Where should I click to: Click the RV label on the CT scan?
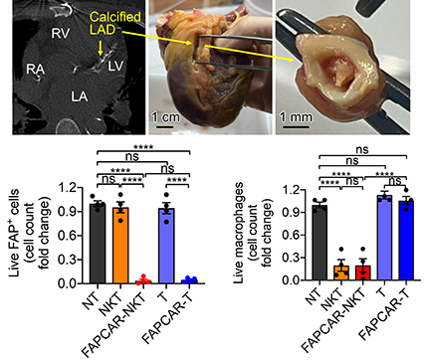coord(61,33)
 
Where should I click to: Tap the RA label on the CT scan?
coord(36,69)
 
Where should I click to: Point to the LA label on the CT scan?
coord(80,96)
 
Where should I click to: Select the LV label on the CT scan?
coord(115,66)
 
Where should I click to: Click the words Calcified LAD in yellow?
coord(110,23)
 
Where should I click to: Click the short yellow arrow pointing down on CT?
coord(101,49)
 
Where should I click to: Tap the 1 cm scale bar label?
coord(165,117)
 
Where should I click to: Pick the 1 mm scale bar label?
coord(296,117)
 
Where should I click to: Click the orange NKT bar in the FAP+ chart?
coord(120,246)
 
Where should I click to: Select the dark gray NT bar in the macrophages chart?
coord(320,243)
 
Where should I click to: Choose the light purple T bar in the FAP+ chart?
coord(166,246)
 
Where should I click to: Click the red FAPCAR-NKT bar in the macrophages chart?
coord(363,272)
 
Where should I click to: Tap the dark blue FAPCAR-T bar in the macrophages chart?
coord(406,241)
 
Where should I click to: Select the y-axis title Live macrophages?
coord(239,233)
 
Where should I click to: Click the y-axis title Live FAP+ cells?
coord(14,233)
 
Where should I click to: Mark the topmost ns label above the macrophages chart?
coord(362,150)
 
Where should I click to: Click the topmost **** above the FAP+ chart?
coord(143,147)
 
